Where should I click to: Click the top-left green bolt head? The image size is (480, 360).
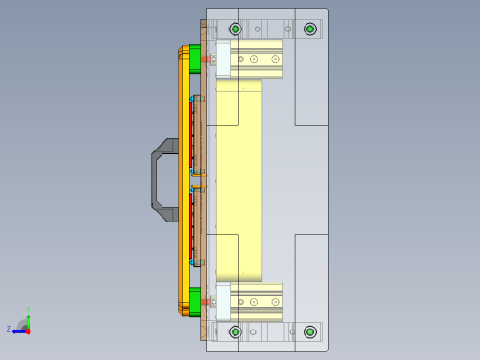point(235,30)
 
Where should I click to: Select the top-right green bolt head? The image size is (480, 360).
point(310,30)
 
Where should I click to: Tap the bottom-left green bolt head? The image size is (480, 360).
point(235,331)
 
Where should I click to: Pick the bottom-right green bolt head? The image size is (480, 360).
point(310,331)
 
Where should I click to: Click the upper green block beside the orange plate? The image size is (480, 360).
point(195,59)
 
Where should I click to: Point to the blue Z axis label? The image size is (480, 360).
point(9,329)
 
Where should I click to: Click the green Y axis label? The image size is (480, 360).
point(28,310)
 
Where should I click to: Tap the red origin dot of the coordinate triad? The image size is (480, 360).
point(28,330)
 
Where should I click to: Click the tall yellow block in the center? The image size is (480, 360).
point(238,180)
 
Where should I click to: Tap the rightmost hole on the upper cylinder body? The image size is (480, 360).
point(275,60)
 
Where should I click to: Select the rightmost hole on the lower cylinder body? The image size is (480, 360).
point(275,301)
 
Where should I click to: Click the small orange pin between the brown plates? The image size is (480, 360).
point(194,179)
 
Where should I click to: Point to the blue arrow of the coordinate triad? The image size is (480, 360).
point(18,330)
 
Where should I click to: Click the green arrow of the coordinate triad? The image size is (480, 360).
point(28,319)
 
